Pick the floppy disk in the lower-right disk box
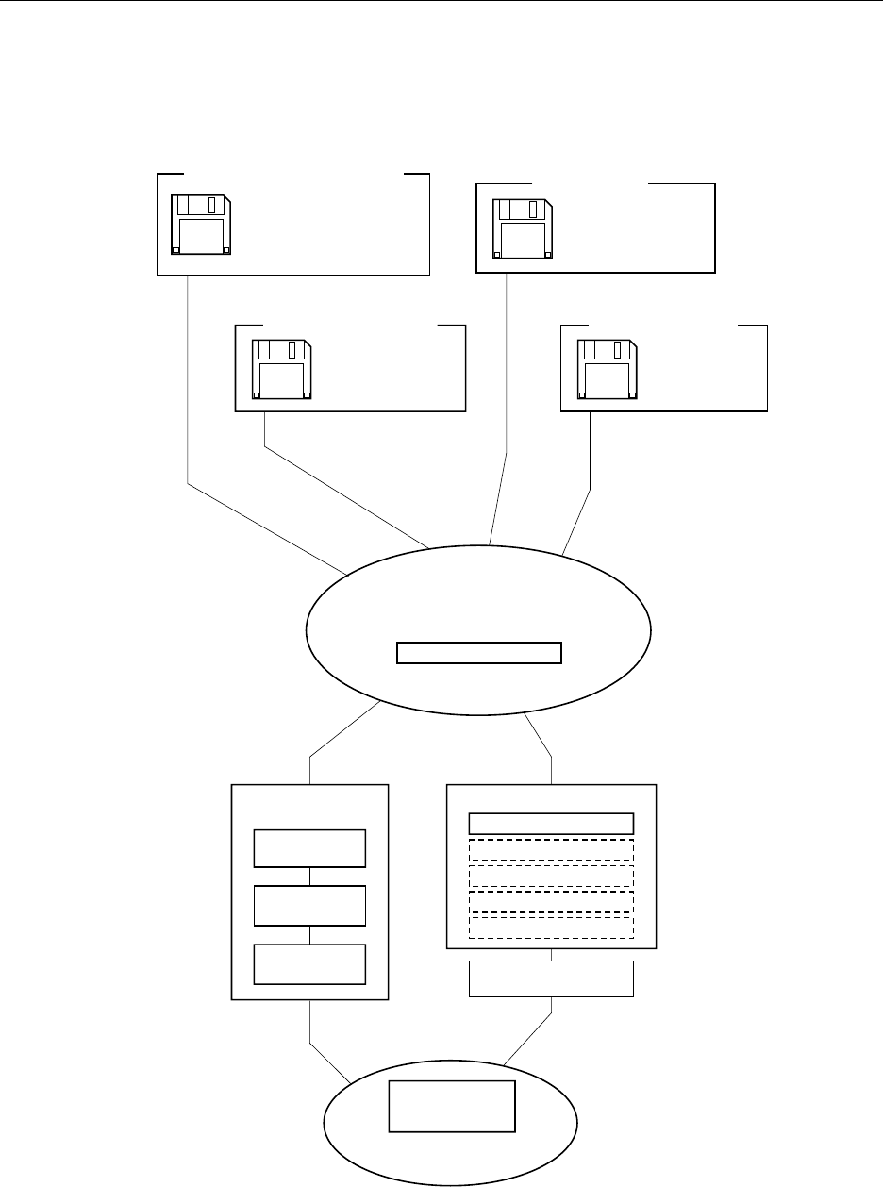pos(608,369)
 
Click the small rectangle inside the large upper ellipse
pos(479,653)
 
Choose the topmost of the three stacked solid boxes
pos(309,848)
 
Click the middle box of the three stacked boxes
pos(309,906)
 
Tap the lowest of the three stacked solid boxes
pos(309,963)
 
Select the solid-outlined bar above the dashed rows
pos(551,823)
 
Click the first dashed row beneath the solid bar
pos(551,849)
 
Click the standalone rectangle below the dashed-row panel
pos(551,979)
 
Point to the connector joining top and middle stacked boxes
pos(309,877)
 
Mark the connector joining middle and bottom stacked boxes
pos(309,934)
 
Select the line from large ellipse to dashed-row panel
pos(538,736)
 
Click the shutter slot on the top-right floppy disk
pos(534,209)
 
